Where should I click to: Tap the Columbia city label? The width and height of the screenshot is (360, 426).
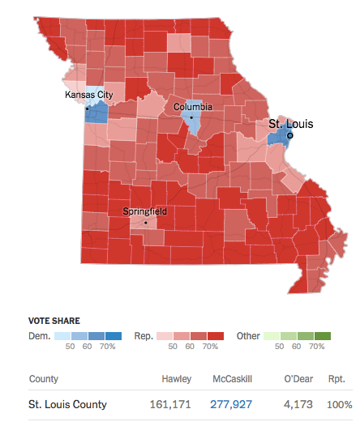pyautogui.click(x=193, y=106)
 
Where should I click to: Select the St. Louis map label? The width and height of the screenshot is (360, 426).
pyautogui.click(x=290, y=124)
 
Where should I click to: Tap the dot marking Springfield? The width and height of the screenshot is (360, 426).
pyautogui.click(x=146, y=222)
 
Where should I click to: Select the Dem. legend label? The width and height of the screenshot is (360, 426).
pyautogui.click(x=39, y=335)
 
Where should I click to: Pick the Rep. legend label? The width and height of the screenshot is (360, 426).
pyautogui.click(x=144, y=335)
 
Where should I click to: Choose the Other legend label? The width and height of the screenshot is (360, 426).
pyautogui.click(x=248, y=335)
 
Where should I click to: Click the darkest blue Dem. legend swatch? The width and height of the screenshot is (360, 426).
pyautogui.click(x=112, y=335)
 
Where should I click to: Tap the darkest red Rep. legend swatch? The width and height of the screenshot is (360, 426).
pyautogui.click(x=216, y=335)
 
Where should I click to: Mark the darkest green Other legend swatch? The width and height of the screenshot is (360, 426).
pyautogui.click(x=322, y=335)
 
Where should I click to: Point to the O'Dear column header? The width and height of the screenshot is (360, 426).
pyautogui.click(x=298, y=379)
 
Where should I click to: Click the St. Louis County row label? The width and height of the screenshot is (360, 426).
pyautogui.click(x=67, y=404)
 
